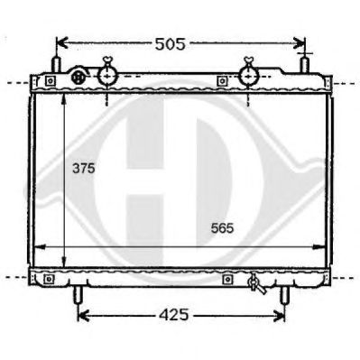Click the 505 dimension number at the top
tap(170, 44)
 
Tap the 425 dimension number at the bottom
tap(174, 315)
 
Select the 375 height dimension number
tap(84, 169)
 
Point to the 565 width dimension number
tap(222, 228)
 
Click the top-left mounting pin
tap(56, 64)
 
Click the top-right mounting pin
tap(305, 64)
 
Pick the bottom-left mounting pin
tap(78, 295)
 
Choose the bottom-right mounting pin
tap(284, 295)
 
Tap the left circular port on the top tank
tap(107, 77)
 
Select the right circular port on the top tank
tap(248, 77)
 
